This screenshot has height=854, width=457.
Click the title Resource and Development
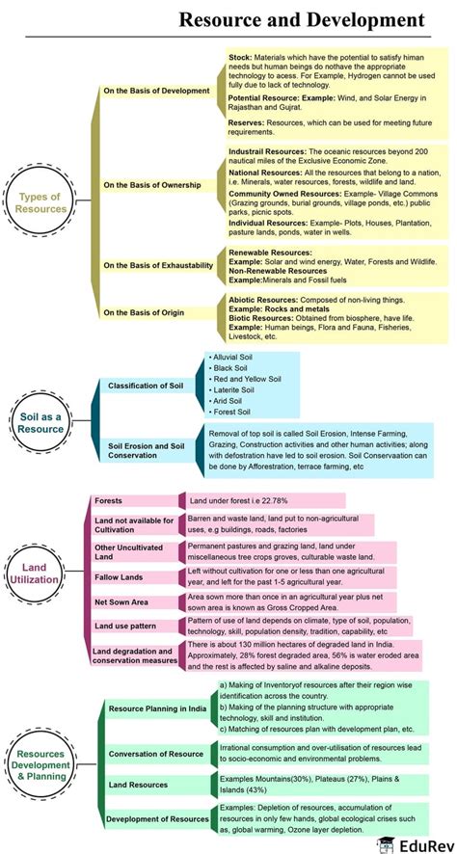[x=301, y=20]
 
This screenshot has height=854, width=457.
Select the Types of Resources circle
[x=40, y=201]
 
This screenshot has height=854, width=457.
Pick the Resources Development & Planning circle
[x=40, y=764]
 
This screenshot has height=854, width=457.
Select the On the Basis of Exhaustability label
[x=158, y=265]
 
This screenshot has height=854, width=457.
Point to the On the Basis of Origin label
[x=144, y=312]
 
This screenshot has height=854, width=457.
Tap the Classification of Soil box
[x=147, y=386]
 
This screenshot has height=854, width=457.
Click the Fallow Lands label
[x=119, y=576]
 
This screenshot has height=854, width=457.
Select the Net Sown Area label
[x=121, y=601]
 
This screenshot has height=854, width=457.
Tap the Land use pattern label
[x=124, y=626]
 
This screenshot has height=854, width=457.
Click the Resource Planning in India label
[x=157, y=708]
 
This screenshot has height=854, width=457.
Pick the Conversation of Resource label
[x=156, y=754]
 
